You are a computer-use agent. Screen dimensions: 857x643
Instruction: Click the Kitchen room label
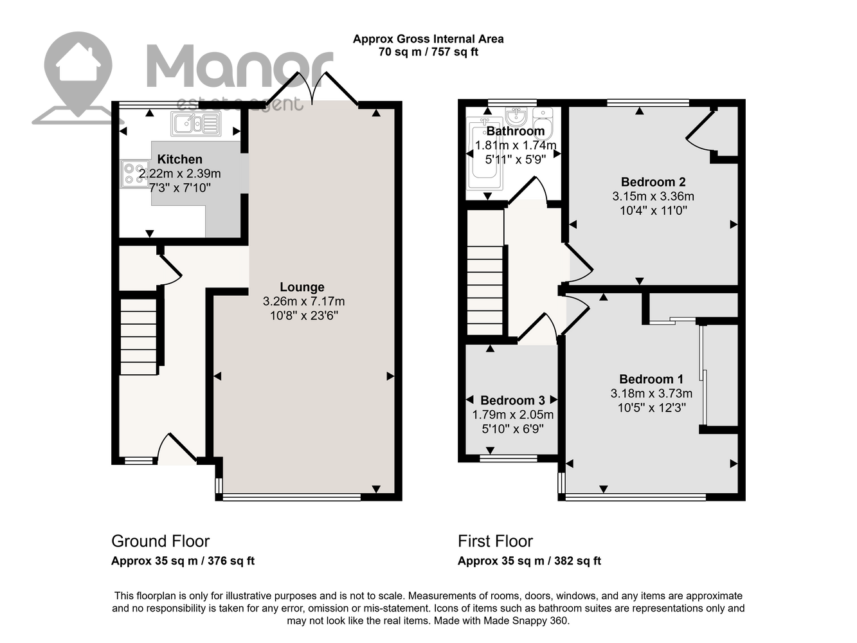179,159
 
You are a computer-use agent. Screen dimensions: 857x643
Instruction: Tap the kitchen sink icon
195,123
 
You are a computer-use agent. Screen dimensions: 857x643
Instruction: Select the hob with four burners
133,174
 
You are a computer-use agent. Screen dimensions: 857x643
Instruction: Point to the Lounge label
302,287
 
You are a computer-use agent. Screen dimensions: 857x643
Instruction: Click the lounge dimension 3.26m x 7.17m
303,302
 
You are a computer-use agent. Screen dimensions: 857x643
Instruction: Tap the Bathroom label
516,131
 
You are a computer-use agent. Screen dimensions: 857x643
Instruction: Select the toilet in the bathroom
543,123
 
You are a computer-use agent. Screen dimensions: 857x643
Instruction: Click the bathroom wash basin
516,116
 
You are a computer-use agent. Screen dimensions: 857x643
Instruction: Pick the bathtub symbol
485,154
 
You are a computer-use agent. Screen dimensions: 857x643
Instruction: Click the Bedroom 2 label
653,182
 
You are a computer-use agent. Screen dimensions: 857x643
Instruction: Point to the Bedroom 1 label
651,379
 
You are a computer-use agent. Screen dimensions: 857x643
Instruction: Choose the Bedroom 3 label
512,400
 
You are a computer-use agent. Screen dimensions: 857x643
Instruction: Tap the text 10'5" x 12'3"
652,408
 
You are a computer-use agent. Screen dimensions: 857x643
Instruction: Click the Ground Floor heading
161,541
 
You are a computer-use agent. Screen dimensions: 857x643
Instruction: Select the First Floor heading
495,541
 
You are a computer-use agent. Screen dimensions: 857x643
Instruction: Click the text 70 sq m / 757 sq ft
428,52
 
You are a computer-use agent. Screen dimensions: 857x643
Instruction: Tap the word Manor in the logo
239,66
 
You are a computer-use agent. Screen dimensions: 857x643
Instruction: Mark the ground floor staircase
138,337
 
